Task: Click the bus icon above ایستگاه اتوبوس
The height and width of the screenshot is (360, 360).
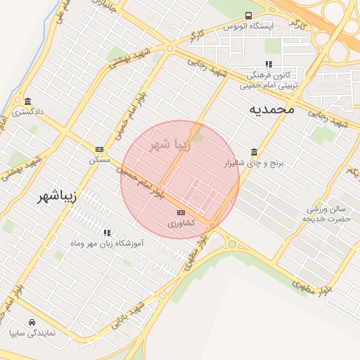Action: coord(248,15)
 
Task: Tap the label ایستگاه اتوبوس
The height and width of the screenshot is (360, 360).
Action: coord(248,26)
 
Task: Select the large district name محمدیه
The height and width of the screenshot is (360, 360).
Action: coord(271,110)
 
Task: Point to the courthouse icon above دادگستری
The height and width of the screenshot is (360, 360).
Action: coord(27,101)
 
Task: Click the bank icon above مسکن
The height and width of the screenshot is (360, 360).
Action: coord(99,149)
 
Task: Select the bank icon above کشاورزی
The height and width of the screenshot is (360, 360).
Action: coord(181,212)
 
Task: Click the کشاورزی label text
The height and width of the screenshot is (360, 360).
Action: coord(181,223)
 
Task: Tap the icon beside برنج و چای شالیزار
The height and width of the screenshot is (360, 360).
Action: coord(254,153)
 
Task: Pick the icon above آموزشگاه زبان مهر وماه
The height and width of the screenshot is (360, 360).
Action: coord(107,233)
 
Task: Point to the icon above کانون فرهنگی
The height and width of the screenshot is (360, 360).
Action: coord(269,65)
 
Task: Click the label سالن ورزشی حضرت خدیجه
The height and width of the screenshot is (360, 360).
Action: coord(326,214)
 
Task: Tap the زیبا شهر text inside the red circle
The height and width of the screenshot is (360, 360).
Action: coord(170,146)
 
